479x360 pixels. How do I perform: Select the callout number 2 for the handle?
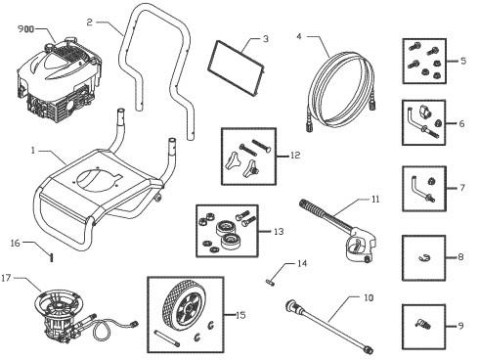pyautogui.click(x=89, y=21)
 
